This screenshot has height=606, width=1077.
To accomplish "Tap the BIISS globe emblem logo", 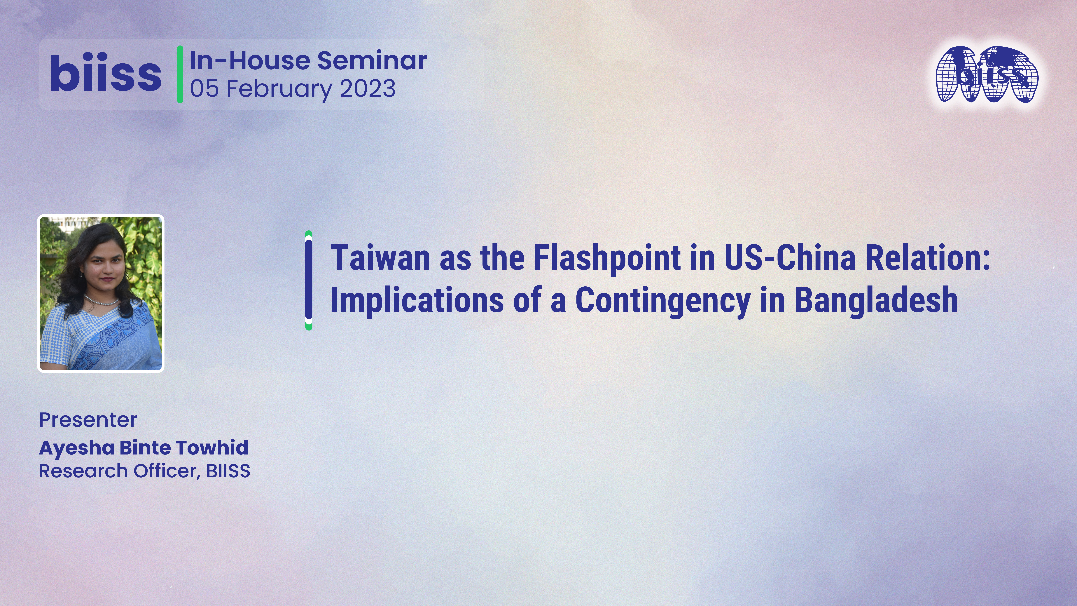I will (x=987, y=74).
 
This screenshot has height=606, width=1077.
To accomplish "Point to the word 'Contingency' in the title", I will (x=663, y=300).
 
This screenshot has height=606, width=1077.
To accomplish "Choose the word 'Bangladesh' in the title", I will (x=876, y=300).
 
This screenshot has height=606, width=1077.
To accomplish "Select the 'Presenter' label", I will (x=88, y=420).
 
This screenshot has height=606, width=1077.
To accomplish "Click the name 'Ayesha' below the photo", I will (x=76, y=448).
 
